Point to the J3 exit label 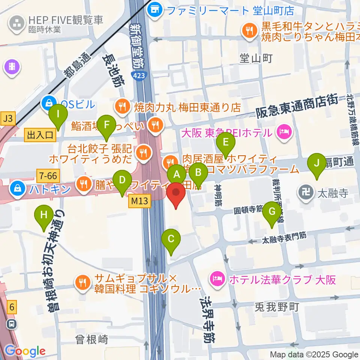point(8,119)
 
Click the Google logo point(25,351)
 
